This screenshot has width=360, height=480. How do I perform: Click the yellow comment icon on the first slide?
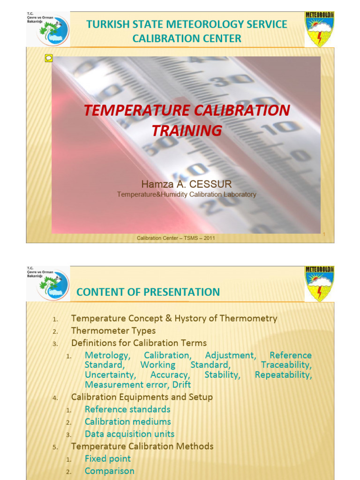[x=49, y=58]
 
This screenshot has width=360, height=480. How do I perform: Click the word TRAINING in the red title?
[x=187, y=130]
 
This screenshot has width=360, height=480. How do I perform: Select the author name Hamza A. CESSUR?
[x=187, y=184]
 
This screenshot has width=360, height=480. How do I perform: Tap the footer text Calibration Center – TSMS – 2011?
[x=176, y=238]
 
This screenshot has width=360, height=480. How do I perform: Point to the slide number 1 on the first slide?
[x=323, y=234]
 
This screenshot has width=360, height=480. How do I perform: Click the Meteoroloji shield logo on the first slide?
[x=320, y=29]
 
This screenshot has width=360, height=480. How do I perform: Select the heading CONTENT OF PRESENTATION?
[x=148, y=292]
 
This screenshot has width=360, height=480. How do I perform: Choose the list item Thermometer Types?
[x=113, y=331]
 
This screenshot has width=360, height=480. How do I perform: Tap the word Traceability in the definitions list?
[x=286, y=365]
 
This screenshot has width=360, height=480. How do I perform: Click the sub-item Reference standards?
[x=127, y=409]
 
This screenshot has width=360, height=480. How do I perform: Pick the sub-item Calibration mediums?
[x=127, y=422]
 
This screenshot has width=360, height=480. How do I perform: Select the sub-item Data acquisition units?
[x=129, y=434]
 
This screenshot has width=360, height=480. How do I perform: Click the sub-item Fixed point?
[x=108, y=458]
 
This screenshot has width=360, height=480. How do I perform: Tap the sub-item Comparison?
[x=109, y=471]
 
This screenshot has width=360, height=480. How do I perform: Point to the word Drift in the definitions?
[x=181, y=385]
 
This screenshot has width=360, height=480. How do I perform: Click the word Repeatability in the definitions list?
[x=283, y=375]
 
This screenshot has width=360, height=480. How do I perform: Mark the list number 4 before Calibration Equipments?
[x=55, y=398]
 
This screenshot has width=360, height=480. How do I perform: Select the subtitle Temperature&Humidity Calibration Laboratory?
[x=187, y=195]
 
